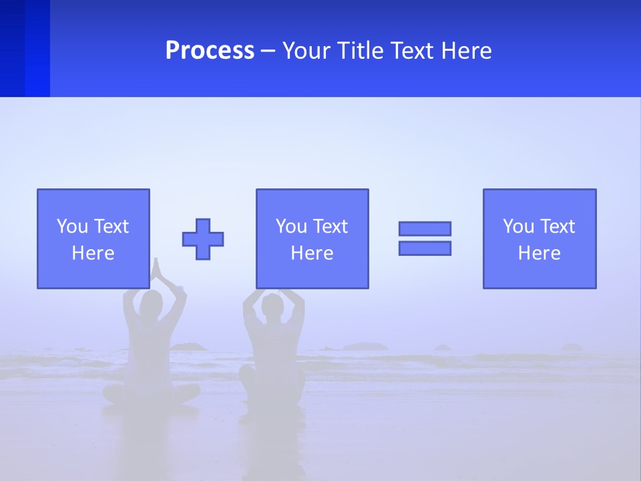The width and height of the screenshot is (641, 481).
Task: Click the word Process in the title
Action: point(210,51)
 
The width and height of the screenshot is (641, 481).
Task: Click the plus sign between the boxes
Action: point(203,239)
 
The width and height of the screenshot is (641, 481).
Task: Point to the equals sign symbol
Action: point(425,238)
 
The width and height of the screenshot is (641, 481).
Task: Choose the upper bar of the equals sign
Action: point(425,229)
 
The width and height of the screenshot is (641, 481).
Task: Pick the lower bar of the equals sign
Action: point(425,248)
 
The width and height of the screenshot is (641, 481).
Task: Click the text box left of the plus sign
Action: point(93,238)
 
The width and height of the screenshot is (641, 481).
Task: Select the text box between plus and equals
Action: point(312,238)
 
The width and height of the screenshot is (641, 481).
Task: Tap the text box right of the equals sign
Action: point(540,238)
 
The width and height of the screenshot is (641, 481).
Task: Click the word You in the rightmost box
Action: point(517,226)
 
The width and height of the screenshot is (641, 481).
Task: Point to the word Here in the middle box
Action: point(312,253)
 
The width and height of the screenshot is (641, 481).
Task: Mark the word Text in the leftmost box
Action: point(112,226)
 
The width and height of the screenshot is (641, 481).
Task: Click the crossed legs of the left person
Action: point(151,393)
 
